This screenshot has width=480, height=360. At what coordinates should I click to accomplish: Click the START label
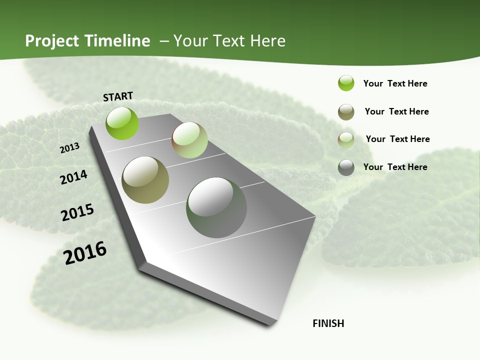point(118,96)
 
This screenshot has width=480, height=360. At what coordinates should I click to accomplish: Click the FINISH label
point(328,323)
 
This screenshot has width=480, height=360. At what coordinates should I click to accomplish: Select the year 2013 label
point(70,148)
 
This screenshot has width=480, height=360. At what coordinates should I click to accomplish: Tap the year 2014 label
point(74,177)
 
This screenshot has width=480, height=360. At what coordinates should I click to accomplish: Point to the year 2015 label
point(77,212)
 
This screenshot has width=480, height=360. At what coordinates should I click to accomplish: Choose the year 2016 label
point(85,252)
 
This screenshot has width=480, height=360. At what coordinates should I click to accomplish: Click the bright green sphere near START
point(122,123)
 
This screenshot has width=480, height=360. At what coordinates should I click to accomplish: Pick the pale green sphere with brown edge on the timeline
point(189,140)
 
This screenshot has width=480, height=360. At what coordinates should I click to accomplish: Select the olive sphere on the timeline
point(145,179)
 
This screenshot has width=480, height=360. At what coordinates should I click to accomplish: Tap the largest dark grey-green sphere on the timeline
point(216,207)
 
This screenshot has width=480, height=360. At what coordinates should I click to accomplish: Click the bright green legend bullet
point(346,83)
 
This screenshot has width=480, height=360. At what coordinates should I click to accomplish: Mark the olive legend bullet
point(346,112)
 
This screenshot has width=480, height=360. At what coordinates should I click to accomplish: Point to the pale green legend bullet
point(346,140)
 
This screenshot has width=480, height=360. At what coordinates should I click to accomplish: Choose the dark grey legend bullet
point(346,167)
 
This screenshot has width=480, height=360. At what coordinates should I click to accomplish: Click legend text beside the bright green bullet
point(395,83)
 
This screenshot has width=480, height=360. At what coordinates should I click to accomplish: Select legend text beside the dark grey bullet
point(395,167)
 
